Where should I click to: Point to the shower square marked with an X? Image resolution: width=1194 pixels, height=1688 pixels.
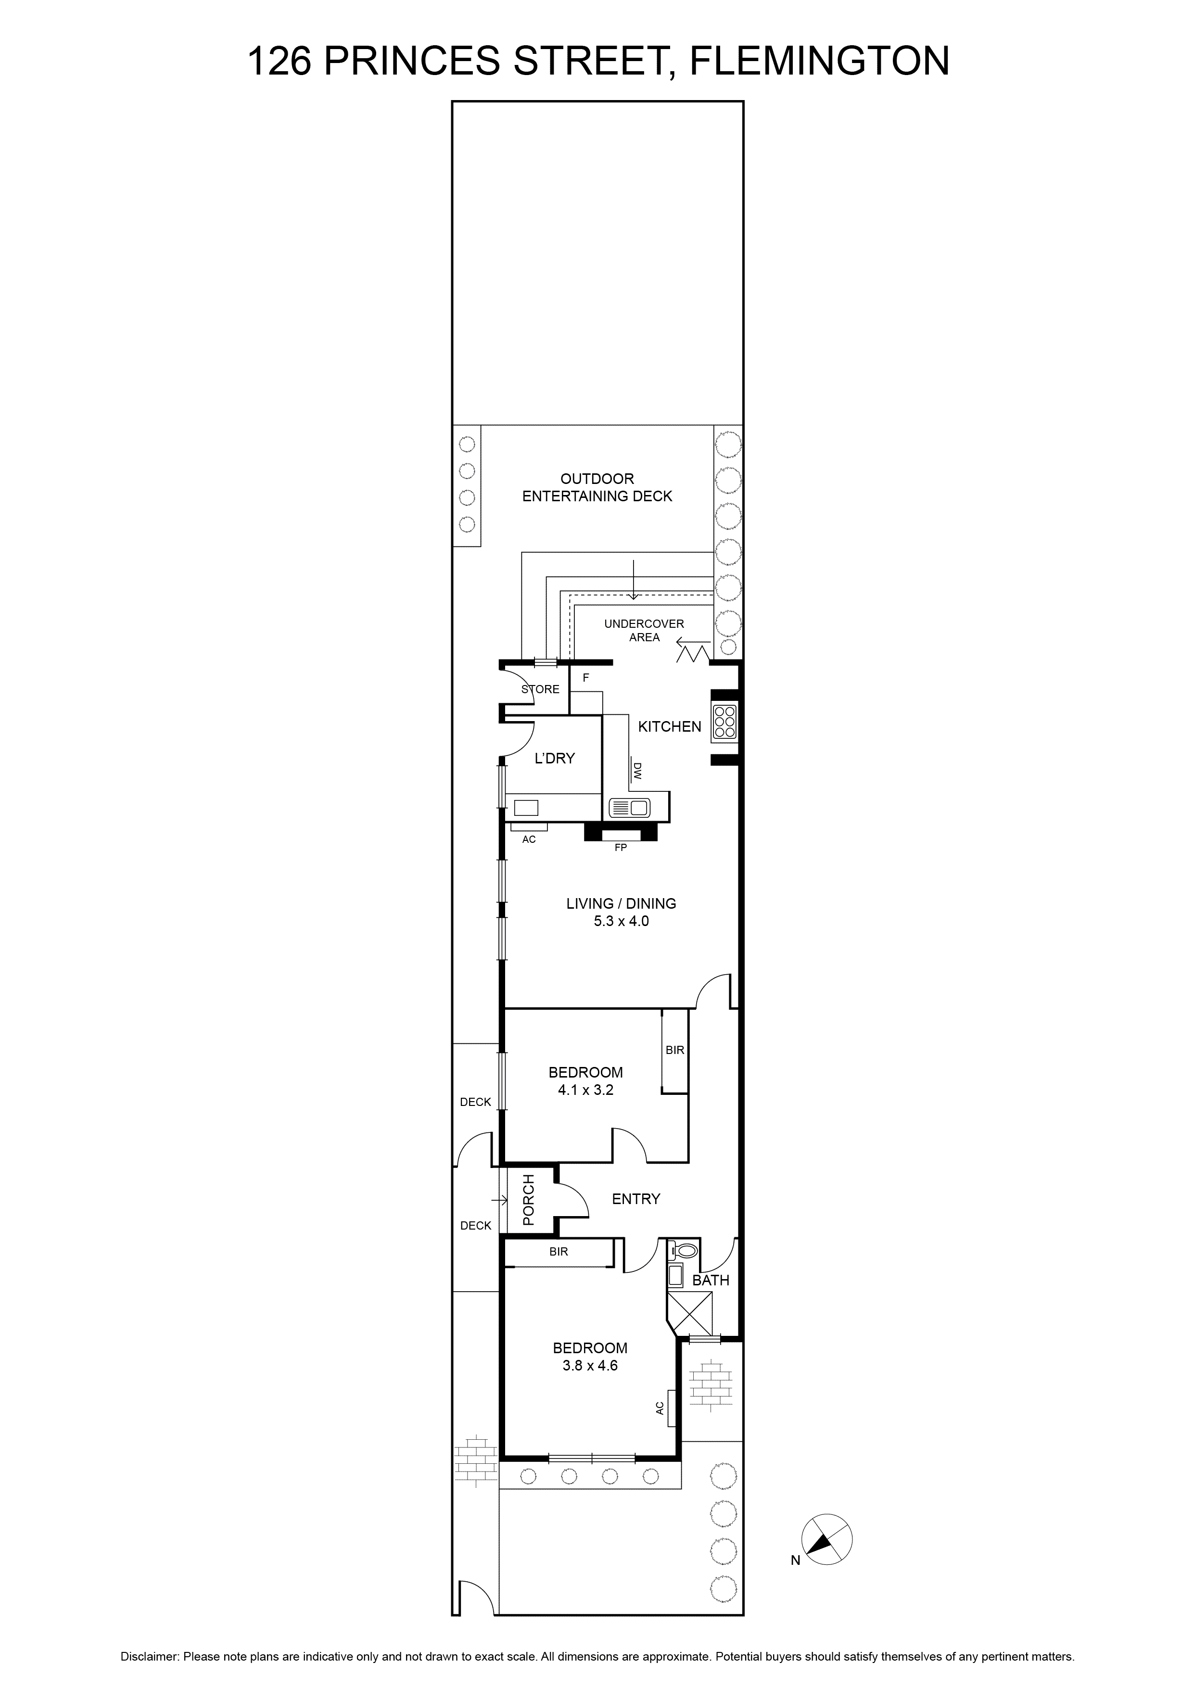[x=690, y=1312]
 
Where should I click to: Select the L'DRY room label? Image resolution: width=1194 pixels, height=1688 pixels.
[x=554, y=758]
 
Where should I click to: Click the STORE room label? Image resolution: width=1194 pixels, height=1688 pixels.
[x=540, y=689]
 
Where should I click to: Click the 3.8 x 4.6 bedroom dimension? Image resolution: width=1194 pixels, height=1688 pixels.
[x=590, y=1366]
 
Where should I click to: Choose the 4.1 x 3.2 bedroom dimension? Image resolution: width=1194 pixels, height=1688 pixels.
[x=585, y=1090]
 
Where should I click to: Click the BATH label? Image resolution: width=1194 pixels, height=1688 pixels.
[x=711, y=1280]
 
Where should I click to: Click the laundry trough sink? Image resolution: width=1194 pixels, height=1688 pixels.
[x=526, y=808]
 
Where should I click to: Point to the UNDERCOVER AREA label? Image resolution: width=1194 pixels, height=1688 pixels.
[x=644, y=630]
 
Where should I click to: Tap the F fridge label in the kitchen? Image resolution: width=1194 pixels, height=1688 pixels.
[x=586, y=677]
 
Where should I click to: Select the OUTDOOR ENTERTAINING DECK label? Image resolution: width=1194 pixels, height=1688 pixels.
[x=597, y=487]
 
